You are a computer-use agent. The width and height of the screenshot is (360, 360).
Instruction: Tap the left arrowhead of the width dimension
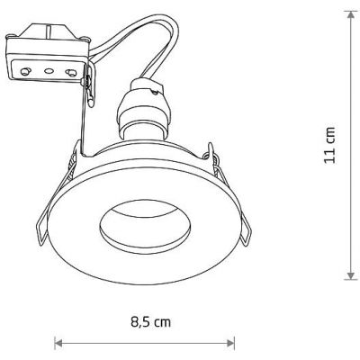[59, 342]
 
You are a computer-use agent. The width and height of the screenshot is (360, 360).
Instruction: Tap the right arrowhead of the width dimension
[231, 342]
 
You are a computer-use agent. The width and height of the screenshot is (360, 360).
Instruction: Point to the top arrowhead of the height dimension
[349, 15]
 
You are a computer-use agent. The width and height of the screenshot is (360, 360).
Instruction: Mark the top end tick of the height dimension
[349, 10]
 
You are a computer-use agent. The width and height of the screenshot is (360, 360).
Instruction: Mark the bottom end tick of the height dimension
[349, 279]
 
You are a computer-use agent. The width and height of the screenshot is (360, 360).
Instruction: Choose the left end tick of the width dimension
[55, 342]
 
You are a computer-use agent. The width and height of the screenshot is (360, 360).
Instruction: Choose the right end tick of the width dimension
[236, 342]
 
